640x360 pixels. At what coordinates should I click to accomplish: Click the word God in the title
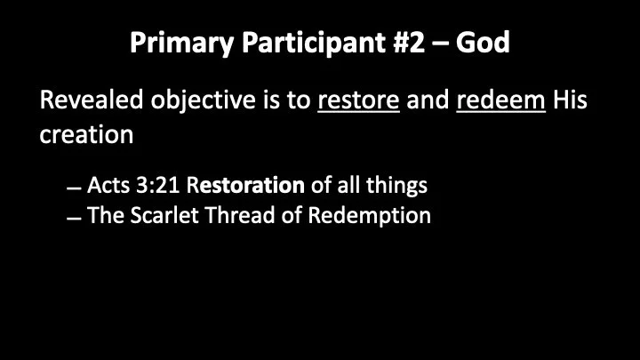tap(483, 43)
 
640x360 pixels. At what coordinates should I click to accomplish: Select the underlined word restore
tap(358, 100)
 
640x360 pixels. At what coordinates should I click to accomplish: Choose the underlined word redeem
tap(500, 100)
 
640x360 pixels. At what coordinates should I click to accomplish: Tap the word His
tap(570, 100)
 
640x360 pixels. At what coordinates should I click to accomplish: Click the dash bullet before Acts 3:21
tap(74, 189)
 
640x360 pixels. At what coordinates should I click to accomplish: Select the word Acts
tap(108, 186)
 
